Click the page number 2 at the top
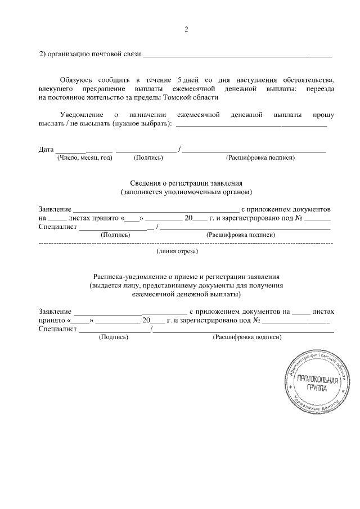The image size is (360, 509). click(186, 29)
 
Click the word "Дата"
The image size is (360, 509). click(46, 150)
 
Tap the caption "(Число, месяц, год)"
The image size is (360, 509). click(84, 158)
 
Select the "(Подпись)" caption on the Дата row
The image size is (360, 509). click(148, 158)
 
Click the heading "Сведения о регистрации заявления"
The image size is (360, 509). click(186, 183)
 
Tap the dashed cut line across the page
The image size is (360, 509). click(186, 242)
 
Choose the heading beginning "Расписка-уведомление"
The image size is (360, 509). click(186, 277)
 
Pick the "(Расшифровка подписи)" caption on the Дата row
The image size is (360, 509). click(260, 158)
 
